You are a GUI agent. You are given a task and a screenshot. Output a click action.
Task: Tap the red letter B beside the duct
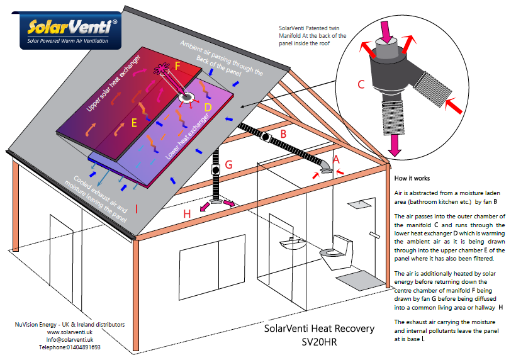pyautogui.click(x=283, y=133)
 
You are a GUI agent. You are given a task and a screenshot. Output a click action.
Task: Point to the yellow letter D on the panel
pyautogui.click(x=208, y=108)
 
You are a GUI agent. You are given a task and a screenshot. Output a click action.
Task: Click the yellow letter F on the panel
pyautogui.click(x=177, y=65)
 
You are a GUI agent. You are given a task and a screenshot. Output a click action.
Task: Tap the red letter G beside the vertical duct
pyautogui.click(x=228, y=165)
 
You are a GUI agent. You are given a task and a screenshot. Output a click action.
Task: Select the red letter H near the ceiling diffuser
pyautogui.click(x=186, y=215)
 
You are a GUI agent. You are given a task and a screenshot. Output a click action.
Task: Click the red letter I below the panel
pyautogui.click(x=137, y=206)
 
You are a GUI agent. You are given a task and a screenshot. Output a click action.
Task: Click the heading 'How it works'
pyautogui.click(x=412, y=178)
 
